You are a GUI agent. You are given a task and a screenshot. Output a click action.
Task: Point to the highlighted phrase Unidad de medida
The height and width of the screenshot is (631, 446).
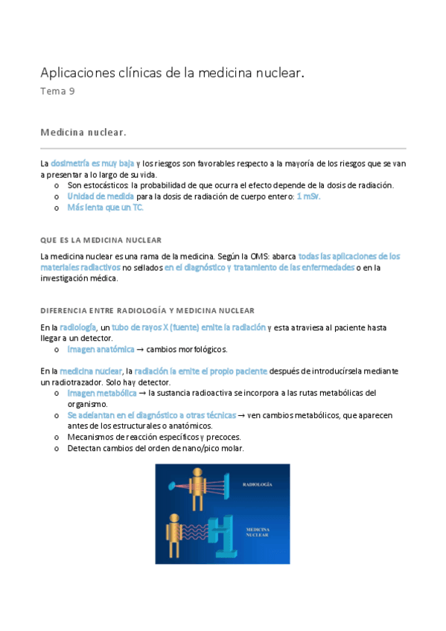pyautogui.click(x=101, y=196)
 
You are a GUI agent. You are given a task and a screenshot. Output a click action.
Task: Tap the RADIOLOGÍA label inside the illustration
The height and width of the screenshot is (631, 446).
pyautogui.click(x=258, y=484)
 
